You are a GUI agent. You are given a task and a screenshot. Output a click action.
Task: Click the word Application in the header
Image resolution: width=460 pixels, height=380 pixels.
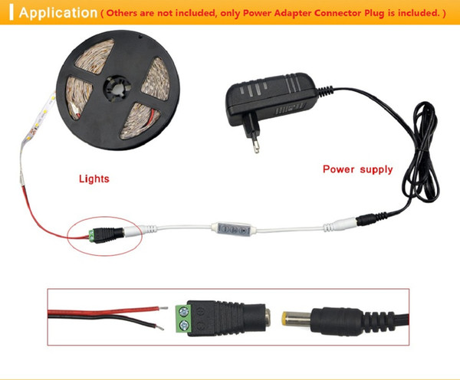pyautogui.click(x=58, y=13)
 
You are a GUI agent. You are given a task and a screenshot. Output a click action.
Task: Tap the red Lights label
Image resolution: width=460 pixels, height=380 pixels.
pyautogui.click(x=94, y=179)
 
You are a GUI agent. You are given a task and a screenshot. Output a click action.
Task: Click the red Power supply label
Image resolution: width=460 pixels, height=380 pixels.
pyautogui.click(x=357, y=169)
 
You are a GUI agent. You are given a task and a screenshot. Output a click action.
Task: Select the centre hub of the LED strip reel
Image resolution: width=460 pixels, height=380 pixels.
pyautogui.click(x=117, y=89)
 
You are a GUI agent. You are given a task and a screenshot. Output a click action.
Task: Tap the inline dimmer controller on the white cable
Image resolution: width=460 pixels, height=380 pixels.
pyautogui.click(x=233, y=229)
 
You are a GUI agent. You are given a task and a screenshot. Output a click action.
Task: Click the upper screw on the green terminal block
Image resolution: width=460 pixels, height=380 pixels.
pyautogui.click(x=183, y=311)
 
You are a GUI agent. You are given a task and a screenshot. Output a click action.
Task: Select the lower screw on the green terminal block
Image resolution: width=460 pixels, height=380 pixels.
pyautogui.click(x=183, y=325)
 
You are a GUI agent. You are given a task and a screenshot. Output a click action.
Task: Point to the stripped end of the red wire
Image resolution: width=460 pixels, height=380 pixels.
pyautogui.click(x=163, y=308)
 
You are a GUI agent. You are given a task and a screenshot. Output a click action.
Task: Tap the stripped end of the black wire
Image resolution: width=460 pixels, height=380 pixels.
pyautogui.click(x=159, y=327)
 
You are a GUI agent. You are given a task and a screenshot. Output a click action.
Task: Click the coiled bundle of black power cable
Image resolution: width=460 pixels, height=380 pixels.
pyautogui.click(x=422, y=152)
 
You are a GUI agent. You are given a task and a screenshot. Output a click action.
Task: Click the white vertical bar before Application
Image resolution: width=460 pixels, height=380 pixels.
pyautogui.click(x=11, y=13)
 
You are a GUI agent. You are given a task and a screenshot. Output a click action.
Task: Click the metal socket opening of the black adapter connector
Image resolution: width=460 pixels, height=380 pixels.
pyautogui.click(x=268, y=319)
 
